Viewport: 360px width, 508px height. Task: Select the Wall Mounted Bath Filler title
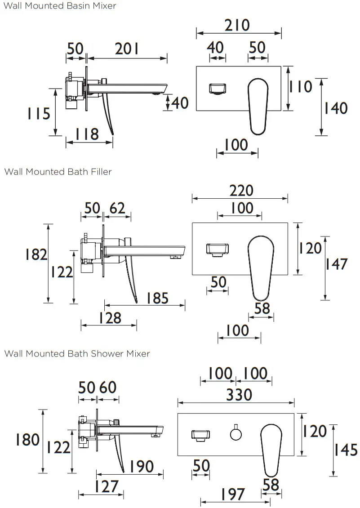click(x=58, y=171)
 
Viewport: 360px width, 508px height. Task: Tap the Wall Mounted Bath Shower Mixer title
click(x=77, y=353)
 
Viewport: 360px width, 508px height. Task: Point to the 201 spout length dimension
click(x=127, y=49)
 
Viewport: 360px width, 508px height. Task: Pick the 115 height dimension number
click(x=38, y=113)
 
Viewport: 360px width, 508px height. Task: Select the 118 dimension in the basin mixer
click(x=87, y=134)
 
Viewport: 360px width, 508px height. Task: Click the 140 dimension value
click(x=336, y=108)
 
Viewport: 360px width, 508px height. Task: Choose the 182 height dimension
click(x=36, y=254)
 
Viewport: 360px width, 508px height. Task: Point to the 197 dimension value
click(x=233, y=494)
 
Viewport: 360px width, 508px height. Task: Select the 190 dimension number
click(x=141, y=466)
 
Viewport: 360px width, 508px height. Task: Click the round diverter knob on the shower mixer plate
click(x=236, y=434)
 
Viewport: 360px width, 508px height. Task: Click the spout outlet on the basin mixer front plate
click(x=217, y=89)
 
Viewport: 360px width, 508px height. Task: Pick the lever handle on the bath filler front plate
click(x=261, y=267)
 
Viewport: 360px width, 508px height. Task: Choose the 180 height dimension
click(x=27, y=439)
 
